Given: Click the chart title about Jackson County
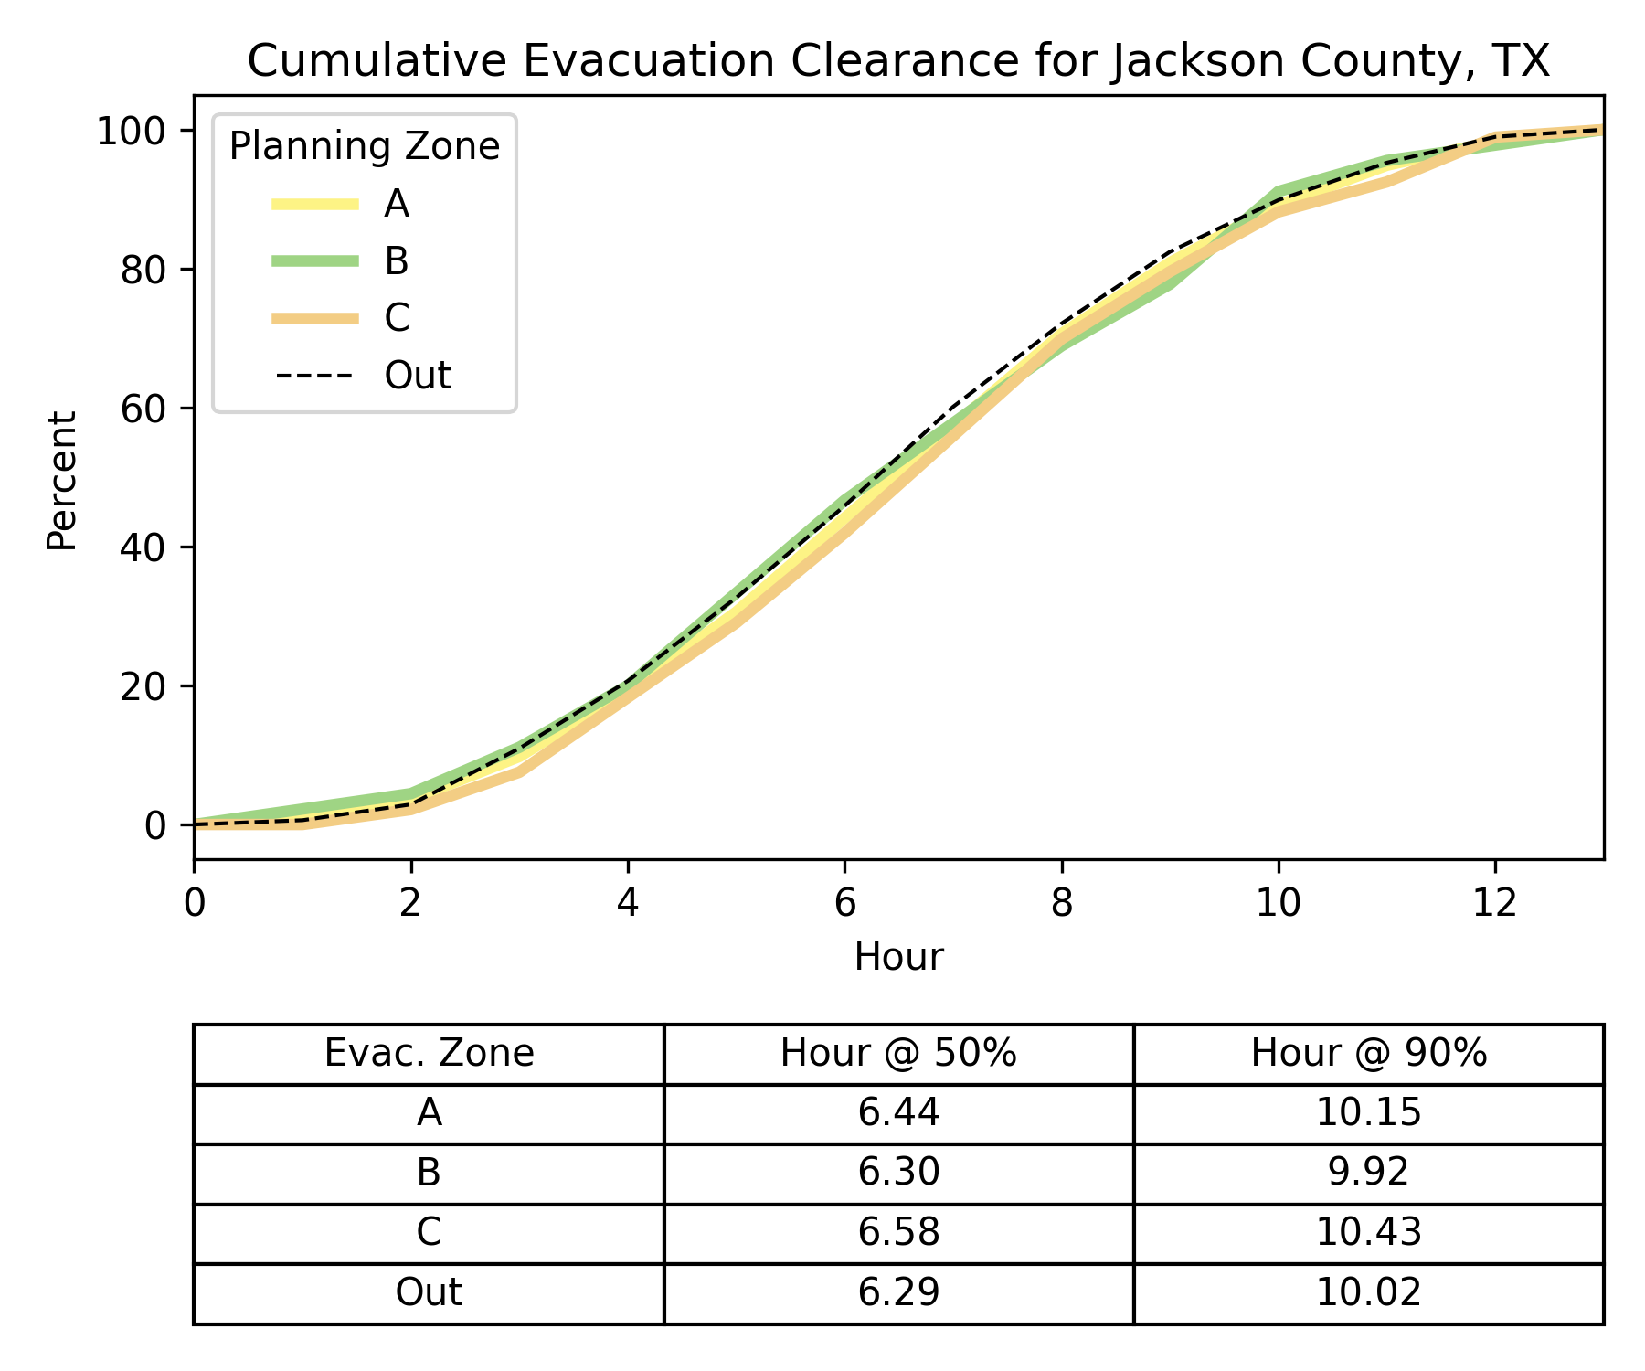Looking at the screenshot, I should click(x=898, y=62).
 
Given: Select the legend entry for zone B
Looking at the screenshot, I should click(x=396, y=261).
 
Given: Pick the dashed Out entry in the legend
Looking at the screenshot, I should click(x=418, y=376).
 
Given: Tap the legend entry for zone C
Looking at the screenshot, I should click(x=397, y=318).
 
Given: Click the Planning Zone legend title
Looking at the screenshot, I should click(x=364, y=147).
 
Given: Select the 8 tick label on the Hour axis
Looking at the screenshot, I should click(x=1061, y=904).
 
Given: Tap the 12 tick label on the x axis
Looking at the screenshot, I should click(x=1495, y=904).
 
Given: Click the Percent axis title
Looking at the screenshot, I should click(x=62, y=481).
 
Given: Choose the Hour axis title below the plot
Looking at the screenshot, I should click(x=898, y=958).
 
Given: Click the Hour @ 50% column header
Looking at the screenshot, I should click(x=898, y=1054).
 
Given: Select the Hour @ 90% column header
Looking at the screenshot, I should click(x=1368, y=1054).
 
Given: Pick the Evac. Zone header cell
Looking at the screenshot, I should click(x=429, y=1054).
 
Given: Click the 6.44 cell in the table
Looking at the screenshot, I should click(x=898, y=1113).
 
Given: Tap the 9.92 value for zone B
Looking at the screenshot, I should click(x=1368, y=1173).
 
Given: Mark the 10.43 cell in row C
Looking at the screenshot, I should click(x=1368, y=1233).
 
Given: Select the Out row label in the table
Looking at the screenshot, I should click(x=429, y=1292).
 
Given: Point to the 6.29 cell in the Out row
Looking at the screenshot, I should click(x=898, y=1292).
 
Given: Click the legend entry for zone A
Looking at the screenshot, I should click(x=396, y=205).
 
